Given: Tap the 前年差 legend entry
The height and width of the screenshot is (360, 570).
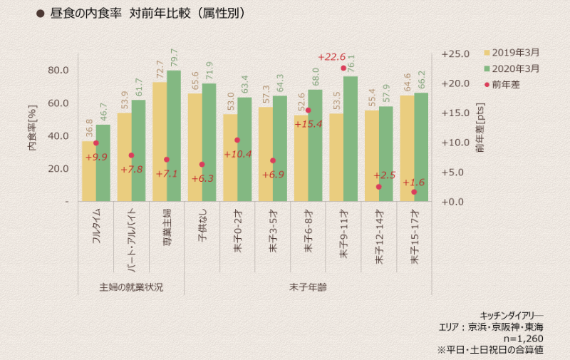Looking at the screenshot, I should [506, 84].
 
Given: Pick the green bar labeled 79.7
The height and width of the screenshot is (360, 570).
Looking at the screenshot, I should [174, 135].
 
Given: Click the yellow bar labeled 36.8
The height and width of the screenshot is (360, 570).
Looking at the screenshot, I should [89, 171].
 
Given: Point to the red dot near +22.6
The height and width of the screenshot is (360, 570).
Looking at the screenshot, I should [343, 68].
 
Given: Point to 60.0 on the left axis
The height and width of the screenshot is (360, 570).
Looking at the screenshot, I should [58, 103].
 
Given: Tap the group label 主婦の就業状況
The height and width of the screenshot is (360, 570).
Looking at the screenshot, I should [131, 287].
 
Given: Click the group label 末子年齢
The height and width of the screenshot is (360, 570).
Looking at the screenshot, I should [309, 287].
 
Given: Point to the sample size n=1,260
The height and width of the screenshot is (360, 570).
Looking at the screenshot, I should [524, 339].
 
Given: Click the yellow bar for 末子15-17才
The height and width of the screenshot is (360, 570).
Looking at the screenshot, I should [407, 148].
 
